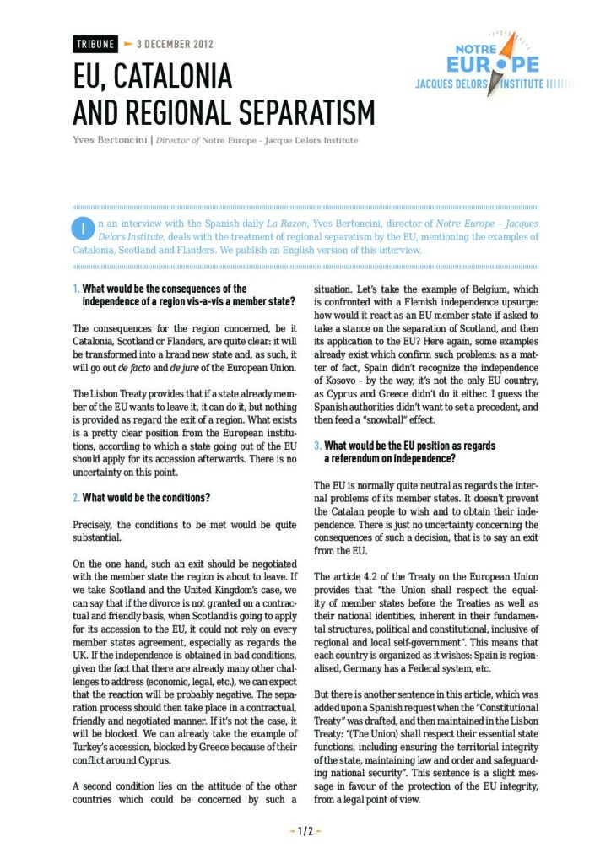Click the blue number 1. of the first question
(x=76, y=289)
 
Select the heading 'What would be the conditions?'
(x=146, y=497)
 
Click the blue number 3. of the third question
(x=317, y=445)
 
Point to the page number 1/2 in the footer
(x=305, y=830)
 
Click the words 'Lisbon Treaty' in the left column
(x=109, y=393)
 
